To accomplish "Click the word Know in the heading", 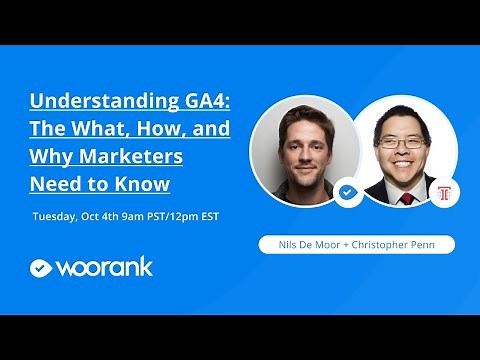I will click(x=146, y=184).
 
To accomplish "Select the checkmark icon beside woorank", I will click(x=40, y=268).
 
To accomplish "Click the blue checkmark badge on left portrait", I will click(x=347, y=192).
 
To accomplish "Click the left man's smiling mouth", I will click(x=304, y=170).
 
